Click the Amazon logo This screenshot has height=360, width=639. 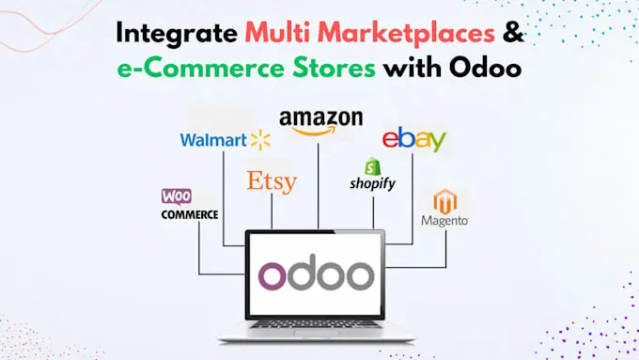pyautogui.click(x=320, y=121)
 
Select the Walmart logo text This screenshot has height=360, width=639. pyautogui.click(x=213, y=141)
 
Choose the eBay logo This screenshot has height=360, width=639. pyautogui.click(x=413, y=141)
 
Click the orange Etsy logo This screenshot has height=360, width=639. pyautogui.click(x=272, y=180)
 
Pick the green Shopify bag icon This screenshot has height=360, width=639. pyautogui.click(x=371, y=165)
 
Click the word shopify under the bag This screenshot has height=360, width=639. pyautogui.click(x=372, y=184)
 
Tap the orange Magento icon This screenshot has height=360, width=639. pyautogui.click(x=444, y=201)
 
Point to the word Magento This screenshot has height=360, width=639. pyautogui.click(x=444, y=222)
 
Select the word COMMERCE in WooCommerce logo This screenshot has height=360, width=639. pyautogui.click(x=189, y=214)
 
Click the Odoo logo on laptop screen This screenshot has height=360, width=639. pyautogui.click(x=315, y=275)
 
